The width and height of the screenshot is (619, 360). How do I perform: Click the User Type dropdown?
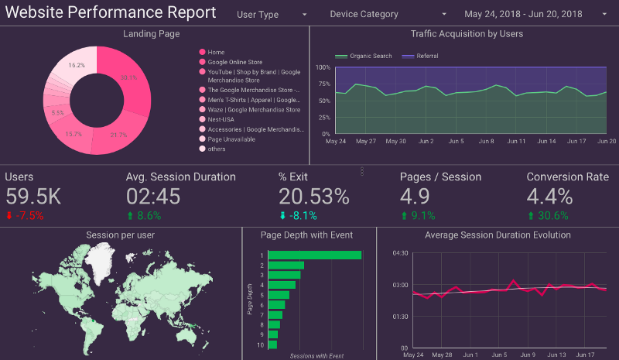tap(271, 14)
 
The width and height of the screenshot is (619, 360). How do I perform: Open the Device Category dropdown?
tap(387, 14)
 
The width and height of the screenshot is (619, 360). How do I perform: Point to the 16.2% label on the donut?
tap(77, 66)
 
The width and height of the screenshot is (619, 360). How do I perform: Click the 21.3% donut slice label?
tap(118, 135)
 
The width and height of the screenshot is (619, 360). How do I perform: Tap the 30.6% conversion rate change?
tap(553, 216)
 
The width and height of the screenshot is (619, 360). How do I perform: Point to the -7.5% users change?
tap(29, 216)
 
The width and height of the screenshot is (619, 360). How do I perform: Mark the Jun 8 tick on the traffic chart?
tap(487, 142)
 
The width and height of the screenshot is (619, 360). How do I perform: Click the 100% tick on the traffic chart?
tap(323, 67)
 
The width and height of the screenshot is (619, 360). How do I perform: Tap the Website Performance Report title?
tap(111, 13)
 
